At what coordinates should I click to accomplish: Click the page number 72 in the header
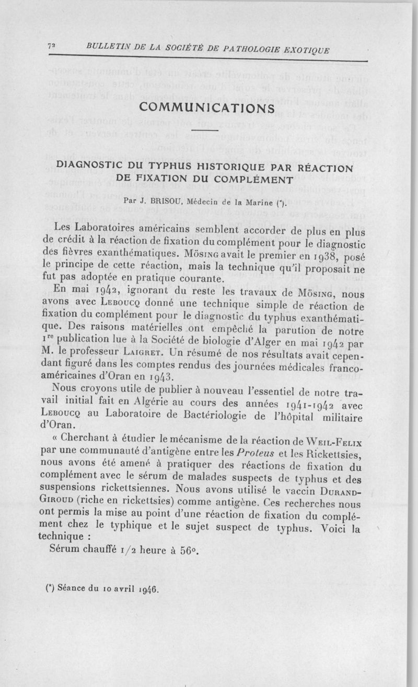51,46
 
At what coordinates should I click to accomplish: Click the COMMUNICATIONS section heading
208,108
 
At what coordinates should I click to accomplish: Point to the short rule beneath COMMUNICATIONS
208,130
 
